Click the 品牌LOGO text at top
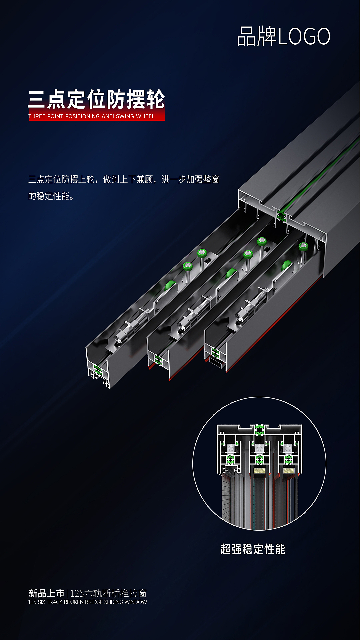point(283,36)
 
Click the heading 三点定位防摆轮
point(96,99)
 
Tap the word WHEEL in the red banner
point(145,116)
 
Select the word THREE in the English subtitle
point(37,116)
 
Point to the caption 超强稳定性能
point(253,549)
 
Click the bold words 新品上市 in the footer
point(46,593)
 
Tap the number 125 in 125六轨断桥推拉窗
point(77,593)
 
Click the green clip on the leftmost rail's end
point(98,369)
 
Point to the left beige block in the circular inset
point(260,471)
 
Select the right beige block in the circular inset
point(288,471)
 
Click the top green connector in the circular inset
point(259,430)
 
